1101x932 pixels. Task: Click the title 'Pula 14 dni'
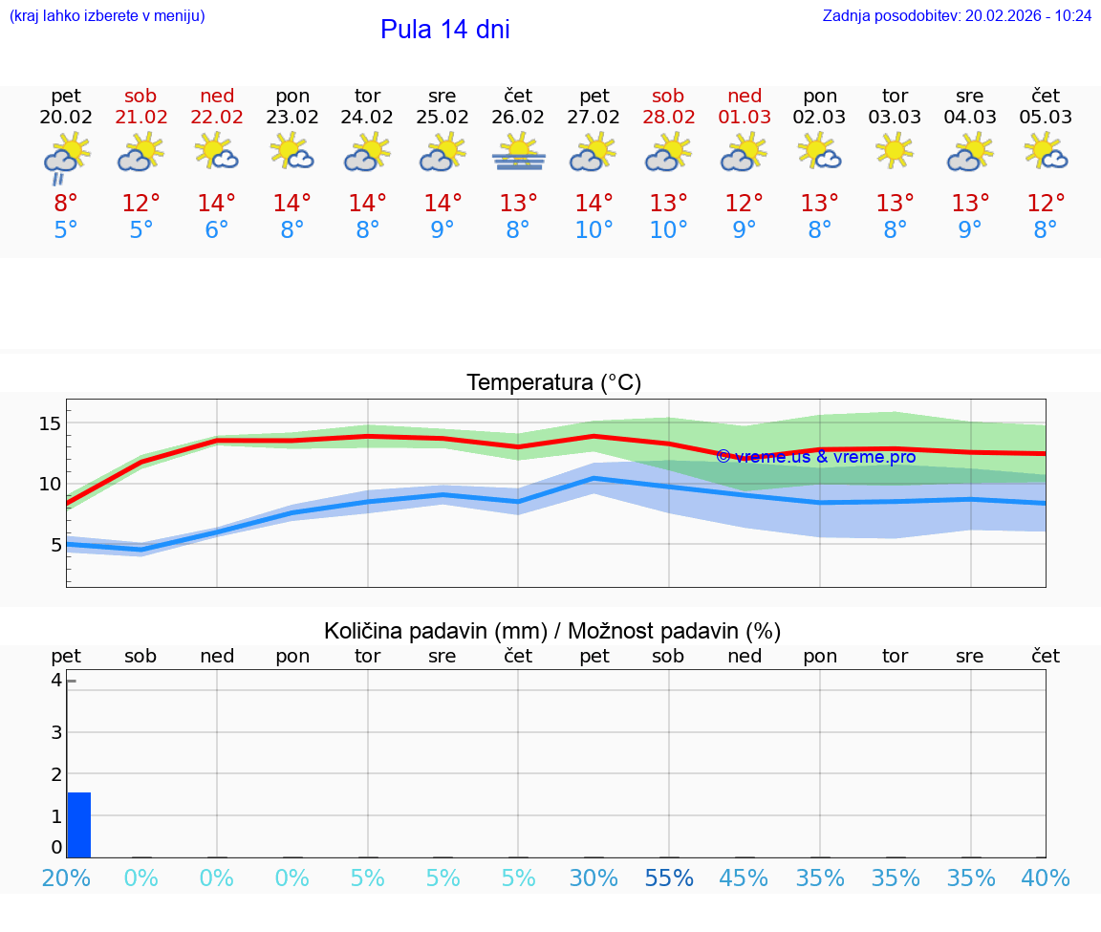tap(444, 30)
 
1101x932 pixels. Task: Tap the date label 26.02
tap(518, 118)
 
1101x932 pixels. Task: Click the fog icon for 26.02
tap(518, 153)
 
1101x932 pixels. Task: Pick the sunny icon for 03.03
tap(895, 151)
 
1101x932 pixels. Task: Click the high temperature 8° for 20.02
tap(66, 204)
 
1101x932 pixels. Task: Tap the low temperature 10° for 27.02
tap(594, 230)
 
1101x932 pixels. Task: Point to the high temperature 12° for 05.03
tap(1046, 204)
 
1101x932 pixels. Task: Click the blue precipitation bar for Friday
tap(78, 825)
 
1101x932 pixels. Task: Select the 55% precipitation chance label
tap(669, 878)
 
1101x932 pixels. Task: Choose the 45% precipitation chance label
tap(745, 878)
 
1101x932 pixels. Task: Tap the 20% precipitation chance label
tap(66, 878)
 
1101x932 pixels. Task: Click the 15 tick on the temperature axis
tap(51, 423)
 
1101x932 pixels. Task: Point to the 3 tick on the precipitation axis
tap(56, 732)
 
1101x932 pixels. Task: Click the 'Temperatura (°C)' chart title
tap(553, 383)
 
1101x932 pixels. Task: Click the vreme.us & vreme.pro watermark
tap(816, 457)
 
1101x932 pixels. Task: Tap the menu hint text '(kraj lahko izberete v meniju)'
tap(107, 16)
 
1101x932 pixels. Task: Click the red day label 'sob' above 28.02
tap(668, 96)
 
